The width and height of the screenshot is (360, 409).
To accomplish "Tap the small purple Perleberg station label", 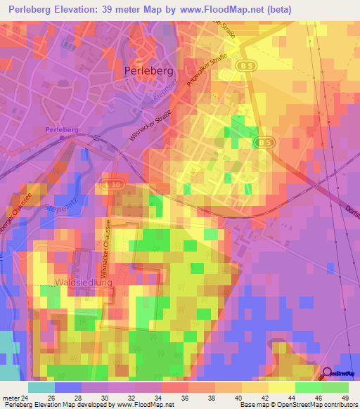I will [61, 130].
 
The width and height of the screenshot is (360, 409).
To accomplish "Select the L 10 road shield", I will [110, 183].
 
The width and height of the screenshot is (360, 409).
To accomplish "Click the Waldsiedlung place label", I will [83, 282].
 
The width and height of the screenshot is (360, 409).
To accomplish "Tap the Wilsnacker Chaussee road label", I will [108, 260].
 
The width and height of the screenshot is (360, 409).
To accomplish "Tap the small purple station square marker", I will [72, 138].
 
